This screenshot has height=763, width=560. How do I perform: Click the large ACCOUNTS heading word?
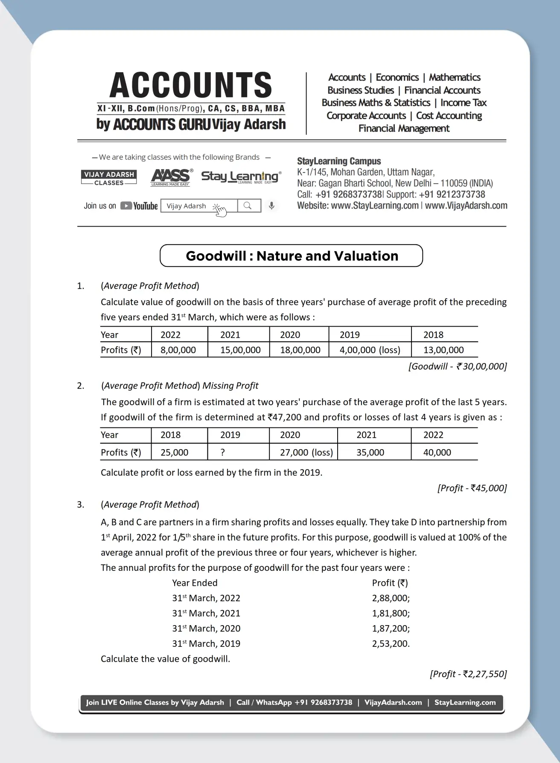(x=191, y=85)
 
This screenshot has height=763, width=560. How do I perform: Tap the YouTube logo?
(x=139, y=206)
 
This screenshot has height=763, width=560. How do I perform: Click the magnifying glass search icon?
(x=248, y=206)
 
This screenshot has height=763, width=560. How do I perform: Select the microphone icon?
(x=271, y=206)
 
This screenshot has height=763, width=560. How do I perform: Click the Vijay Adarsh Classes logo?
(x=109, y=178)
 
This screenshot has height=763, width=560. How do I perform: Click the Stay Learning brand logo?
(x=241, y=177)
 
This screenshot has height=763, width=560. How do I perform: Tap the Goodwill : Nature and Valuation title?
(x=292, y=256)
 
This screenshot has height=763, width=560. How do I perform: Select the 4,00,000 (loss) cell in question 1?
(x=370, y=350)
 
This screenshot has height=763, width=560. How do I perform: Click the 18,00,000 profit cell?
(x=300, y=350)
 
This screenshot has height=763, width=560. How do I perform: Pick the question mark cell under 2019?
(x=223, y=453)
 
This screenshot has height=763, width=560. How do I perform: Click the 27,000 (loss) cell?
(x=306, y=453)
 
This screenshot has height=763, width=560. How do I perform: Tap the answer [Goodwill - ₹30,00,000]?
(x=458, y=366)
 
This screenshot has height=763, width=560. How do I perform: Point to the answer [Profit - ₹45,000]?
(x=472, y=488)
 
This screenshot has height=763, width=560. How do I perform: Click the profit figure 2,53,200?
(x=391, y=644)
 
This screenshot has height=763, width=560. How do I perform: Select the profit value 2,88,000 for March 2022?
(x=391, y=598)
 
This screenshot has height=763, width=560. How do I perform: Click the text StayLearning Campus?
(x=339, y=161)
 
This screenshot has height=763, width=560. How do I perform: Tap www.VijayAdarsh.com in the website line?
(x=466, y=206)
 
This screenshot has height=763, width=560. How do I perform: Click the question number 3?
(x=81, y=505)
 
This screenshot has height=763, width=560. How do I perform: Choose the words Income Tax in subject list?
(x=463, y=103)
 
